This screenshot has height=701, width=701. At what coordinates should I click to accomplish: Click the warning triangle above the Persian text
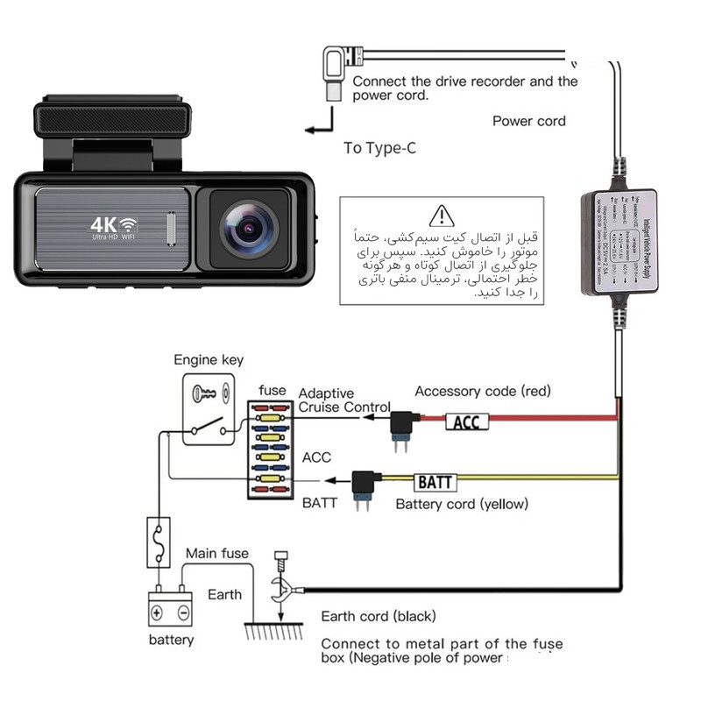443,215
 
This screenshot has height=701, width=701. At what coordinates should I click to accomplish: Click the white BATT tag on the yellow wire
435,482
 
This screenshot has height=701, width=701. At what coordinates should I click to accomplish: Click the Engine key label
209,359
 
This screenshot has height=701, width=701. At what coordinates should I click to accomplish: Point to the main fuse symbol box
159,542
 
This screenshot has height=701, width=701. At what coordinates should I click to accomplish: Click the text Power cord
528,121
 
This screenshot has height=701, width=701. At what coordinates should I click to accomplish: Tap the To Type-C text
379,147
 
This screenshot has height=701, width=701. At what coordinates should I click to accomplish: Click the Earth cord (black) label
378,616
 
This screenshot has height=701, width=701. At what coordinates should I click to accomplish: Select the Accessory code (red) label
483,391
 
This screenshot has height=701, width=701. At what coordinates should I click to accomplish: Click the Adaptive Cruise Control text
344,400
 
